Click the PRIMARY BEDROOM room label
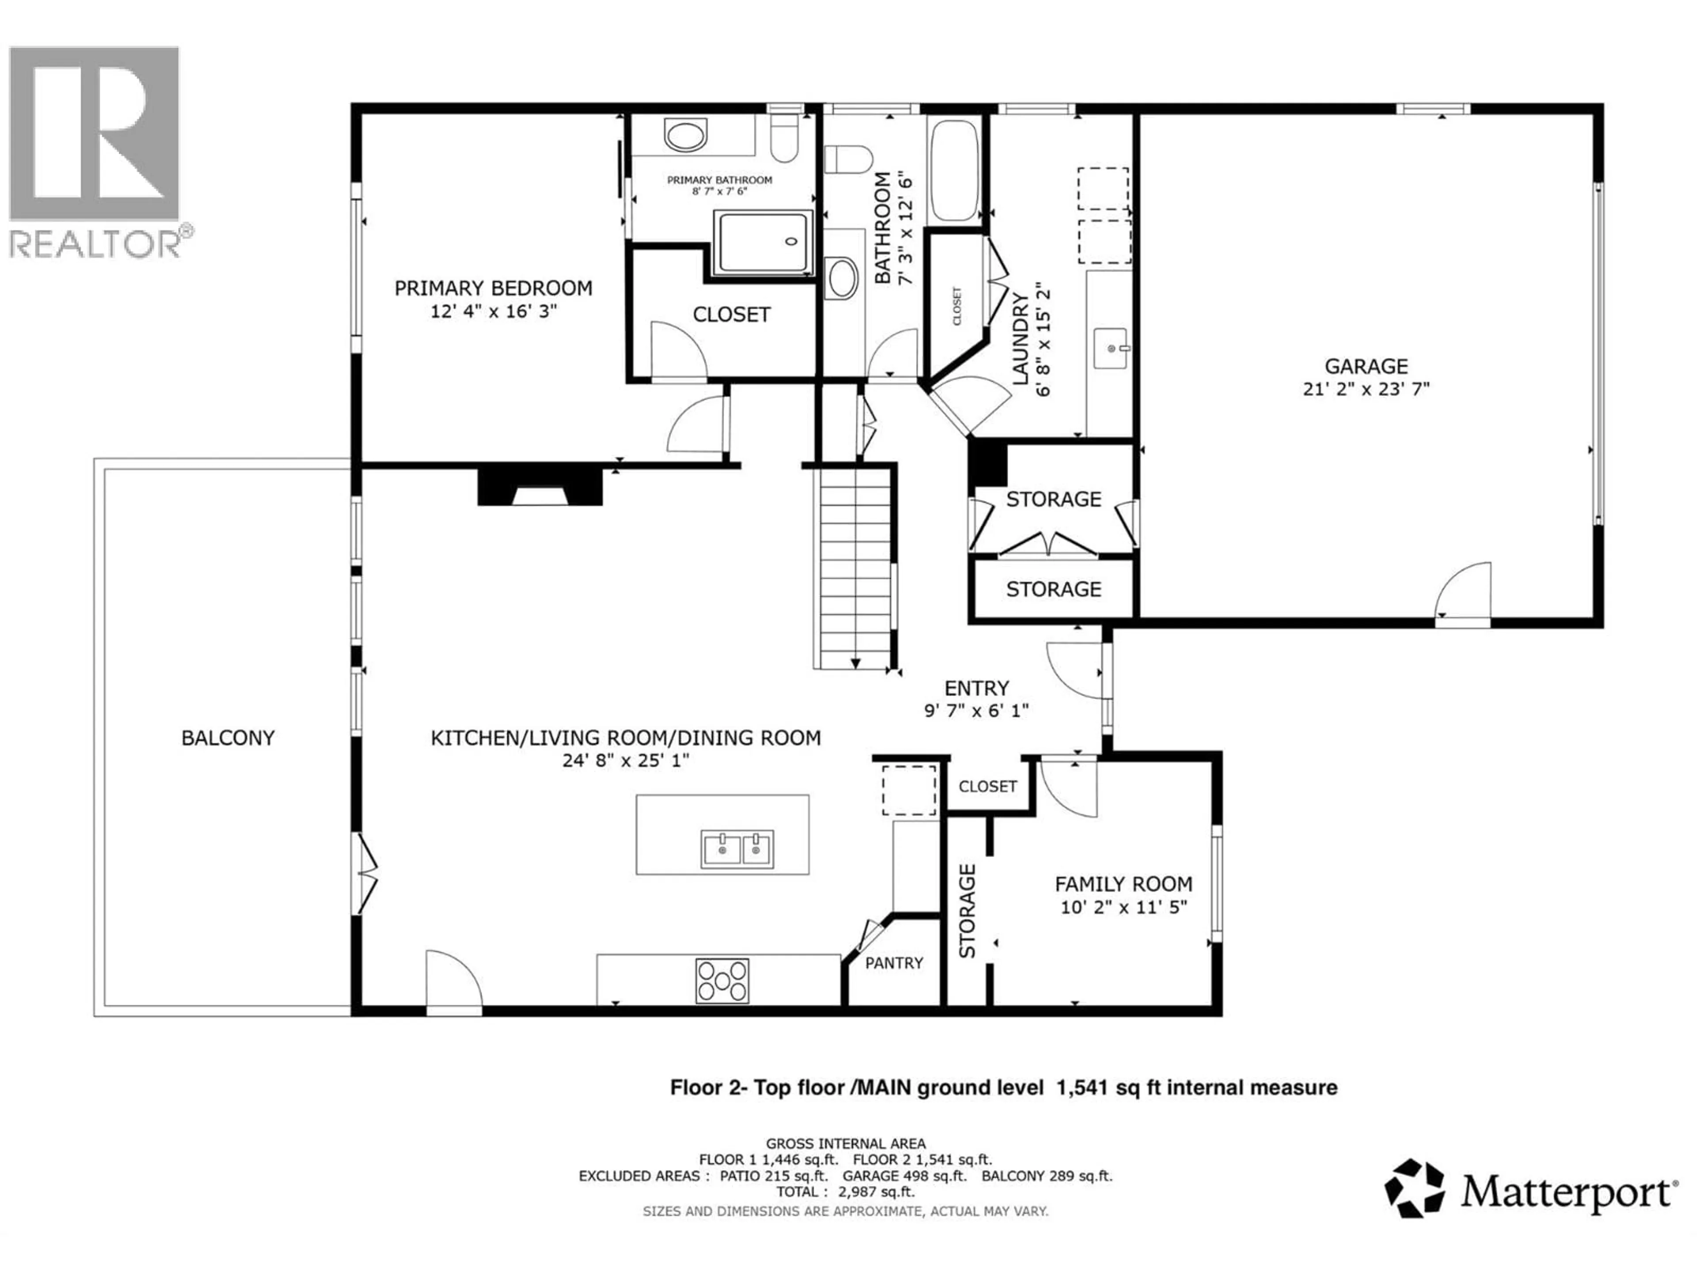(493, 288)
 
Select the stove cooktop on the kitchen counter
(722, 980)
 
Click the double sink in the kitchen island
(737, 849)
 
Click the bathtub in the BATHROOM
(954, 170)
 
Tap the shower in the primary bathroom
(763, 242)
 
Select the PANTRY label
(894, 963)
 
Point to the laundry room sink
(1110, 349)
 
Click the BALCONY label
(228, 738)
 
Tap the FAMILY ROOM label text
(1123, 884)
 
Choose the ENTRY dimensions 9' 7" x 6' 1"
(976, 711)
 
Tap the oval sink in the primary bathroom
(685, 135)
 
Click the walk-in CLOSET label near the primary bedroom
(731, 314)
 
